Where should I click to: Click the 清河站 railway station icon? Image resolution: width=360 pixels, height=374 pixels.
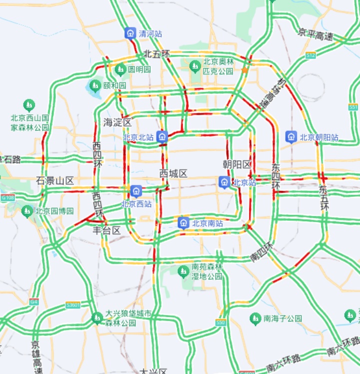pyautogui.click(x=130, y=33)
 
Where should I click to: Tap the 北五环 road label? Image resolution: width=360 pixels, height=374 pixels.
pyautogui.click(x=156, y=53)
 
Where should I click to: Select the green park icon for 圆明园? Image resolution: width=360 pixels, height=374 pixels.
pyautogui.click(x=120, y=69)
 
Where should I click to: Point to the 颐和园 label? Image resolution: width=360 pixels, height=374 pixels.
pyautogui.click(x=114, y=85)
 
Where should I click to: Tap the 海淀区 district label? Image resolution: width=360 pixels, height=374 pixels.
pyautogui.click(x=117, y=122)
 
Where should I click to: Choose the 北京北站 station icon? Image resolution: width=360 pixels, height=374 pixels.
pyautogui.click(x=161, y=136)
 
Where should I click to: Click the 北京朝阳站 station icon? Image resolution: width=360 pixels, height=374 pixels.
pyautogui.click(x=291, y=136)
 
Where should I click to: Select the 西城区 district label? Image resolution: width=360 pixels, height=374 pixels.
pyautogui.click(x=173, y=173)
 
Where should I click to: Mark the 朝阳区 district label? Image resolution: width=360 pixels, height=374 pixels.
pyautogui.click(x=237, y=164)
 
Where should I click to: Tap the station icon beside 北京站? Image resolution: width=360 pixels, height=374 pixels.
pyautogui.click(x=224, y=183)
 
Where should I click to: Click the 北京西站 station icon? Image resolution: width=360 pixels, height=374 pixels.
pyautogui.click(x=135, y=191)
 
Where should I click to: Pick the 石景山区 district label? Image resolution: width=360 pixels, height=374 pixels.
pyautogui.click(x=55, y=180)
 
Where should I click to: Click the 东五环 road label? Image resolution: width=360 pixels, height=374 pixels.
pyautogui.click(x=324, y=197)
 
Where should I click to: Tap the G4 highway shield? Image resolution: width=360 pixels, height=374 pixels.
pyautogui.click(x=33, y=302)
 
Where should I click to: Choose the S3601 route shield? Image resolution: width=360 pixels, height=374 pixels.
pyautogui.click(x=73, y=305)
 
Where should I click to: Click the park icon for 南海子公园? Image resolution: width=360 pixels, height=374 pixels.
pyautogui.click(x=255, y=318)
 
